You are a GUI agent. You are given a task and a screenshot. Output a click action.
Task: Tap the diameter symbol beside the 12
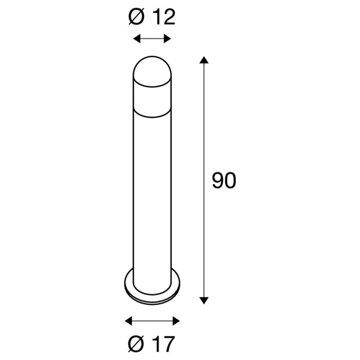pyautogui.click(x=136, y=17)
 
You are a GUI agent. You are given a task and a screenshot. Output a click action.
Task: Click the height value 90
pyautogui.click(x=224, y=182)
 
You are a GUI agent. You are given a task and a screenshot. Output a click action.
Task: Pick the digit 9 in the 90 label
pyautogui.click(x=217, y=182)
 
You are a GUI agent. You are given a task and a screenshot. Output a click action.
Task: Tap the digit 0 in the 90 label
pyautogui.click(x=230, y=182)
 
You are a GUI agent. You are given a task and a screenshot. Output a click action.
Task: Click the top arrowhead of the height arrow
pyautogui.click(x=203, y=60)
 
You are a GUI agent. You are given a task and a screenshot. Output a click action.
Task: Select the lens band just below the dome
pyautogui.click(x=152, y=96)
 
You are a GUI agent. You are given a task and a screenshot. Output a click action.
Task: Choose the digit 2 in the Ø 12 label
pyautogui.click(x=170, y=17)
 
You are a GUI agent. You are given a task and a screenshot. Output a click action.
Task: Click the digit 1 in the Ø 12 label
pyautogui.click(x=158, y=17)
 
